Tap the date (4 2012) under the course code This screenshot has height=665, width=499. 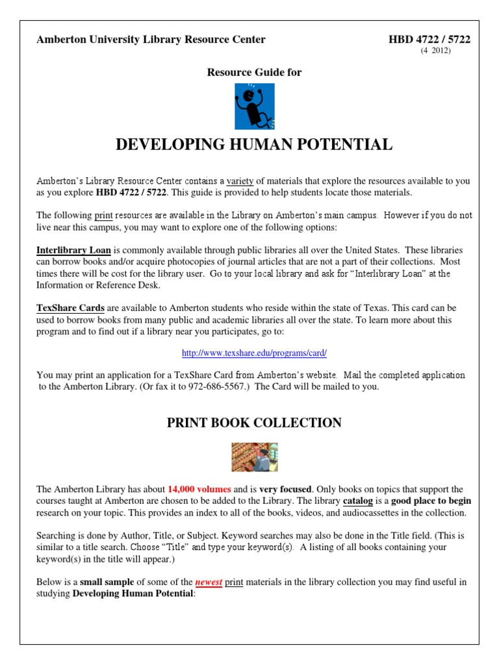[x=435, y=51]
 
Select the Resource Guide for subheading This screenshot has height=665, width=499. [x=254, y=73]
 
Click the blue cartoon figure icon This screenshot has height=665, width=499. [x=254, y=107]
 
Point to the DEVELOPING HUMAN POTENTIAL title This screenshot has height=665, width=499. [x=254, y=145]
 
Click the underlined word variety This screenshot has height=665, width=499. [x=240, y=181]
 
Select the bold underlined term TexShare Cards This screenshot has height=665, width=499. [x=70, y=308]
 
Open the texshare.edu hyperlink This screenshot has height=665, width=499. [x=254, y=353]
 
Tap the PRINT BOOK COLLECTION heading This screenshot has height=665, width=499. [x=254, y=423]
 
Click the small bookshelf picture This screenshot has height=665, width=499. [x=254, y=457]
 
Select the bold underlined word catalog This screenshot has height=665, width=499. [x=358, y=501]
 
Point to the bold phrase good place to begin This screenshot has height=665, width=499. [x=431, y=501]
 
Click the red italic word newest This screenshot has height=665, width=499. [x=209, y=583]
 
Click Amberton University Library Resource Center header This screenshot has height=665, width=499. [x=151, y=40]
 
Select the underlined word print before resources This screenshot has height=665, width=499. [x=103, y=215]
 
